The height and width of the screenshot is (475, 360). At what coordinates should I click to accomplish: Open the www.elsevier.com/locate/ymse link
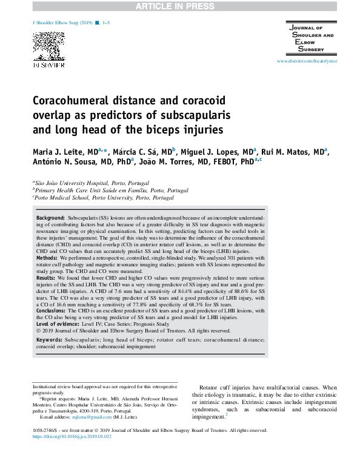pyautogui.click(x=307, y=62)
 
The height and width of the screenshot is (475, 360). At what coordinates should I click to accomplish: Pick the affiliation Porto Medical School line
pyautogui.click(x=104, y=197)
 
